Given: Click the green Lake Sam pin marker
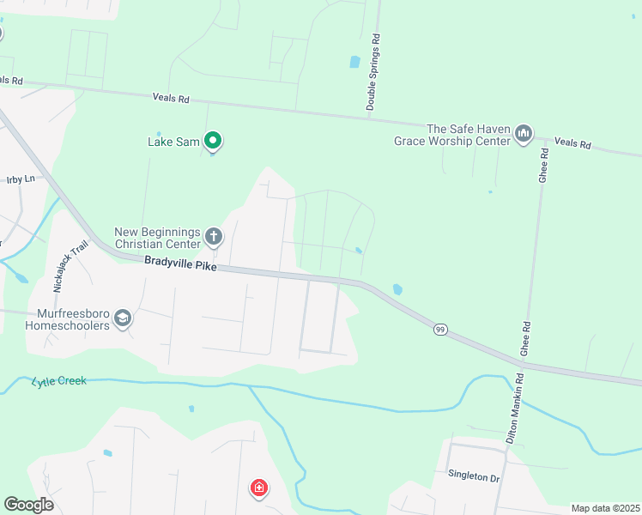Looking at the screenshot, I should (213, 140).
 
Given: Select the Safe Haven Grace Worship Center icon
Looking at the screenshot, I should (524, 134).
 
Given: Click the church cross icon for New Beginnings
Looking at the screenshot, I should (213, 235).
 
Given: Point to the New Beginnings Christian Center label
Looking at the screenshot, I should (158, 238).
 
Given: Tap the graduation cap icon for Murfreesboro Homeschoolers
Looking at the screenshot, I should (123, 318).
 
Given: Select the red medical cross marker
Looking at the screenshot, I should (258, 488).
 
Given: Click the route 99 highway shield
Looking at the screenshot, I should (440, 329).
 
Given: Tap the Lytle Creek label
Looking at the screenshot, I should (59, 380).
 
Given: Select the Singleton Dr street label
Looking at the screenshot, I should (473, 476).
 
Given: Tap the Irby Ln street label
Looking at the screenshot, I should (20, 179).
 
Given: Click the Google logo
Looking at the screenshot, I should (28, 505).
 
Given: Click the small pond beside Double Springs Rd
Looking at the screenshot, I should (354, 62).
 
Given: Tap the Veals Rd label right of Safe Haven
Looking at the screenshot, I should (572, 143).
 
